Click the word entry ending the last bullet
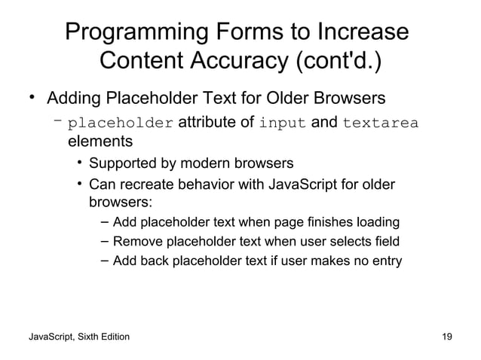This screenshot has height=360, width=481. coord(386,261)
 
